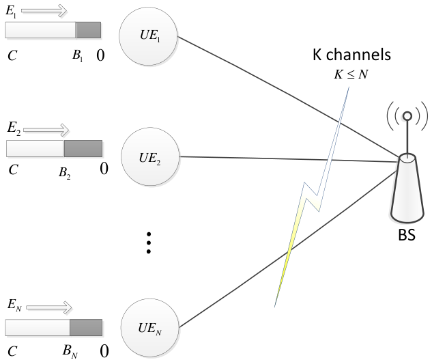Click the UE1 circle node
coord(148,36)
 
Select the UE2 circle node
coord(150,156)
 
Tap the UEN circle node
coord(150,327)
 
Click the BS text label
coord(407,235)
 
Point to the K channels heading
coord(351,55)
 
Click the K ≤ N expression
coord(351,74)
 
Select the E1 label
coord(11,12)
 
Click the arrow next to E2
coord(46,130)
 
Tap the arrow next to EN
coord(48,307)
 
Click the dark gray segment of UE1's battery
coord(89,30)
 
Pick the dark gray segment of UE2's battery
coord(83,148)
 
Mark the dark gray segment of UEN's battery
coord(86,327)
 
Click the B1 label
coord(77,56)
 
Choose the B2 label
coord(65,173)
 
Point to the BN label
coord(70,351)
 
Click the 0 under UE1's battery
coord(100,55)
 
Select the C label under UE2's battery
coord(13,169)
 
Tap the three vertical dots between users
coord(149,243)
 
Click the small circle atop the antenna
coord(407,116)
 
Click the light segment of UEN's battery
coord(38,327)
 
